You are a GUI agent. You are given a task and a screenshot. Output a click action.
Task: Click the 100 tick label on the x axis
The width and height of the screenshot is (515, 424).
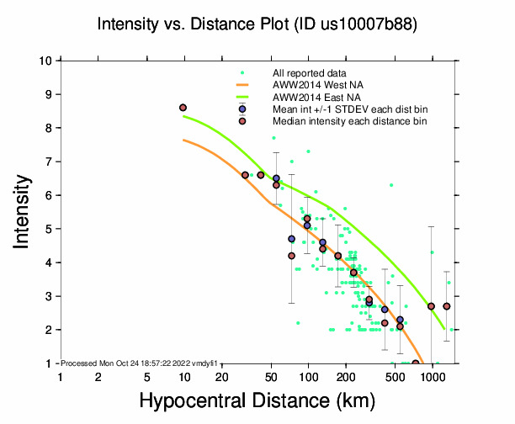pyautogui.click(x=308, y=378)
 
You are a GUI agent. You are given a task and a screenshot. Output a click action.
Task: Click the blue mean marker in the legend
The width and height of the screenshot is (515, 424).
pyautogui.click(x=242, y=109)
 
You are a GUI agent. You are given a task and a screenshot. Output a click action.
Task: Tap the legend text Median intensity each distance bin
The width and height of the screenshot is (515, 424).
pyautogui.click(x=343, y=121)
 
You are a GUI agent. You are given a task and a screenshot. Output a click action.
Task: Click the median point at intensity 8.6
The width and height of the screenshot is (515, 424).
pyautogui.click(x=183, y=108)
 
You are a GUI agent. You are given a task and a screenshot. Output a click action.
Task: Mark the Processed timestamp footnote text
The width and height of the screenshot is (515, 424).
pyautogui.click(x=140, y=363)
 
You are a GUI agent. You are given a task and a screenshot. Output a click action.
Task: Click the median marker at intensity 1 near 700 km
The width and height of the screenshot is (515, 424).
pyautogui.click(x=416, y=363)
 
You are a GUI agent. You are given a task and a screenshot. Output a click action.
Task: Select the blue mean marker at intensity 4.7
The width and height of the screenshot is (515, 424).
pyautogui.click(x=291, y=239)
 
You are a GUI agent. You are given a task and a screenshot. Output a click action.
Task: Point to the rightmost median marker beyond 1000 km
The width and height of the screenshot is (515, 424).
pyautogui.click(x=447, y=306)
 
